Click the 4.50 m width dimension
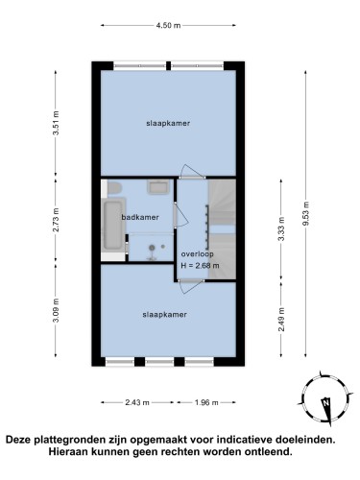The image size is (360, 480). coord(168,25)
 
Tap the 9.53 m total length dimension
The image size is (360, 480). coord(306,213)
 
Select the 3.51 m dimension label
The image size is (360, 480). coord(56,123)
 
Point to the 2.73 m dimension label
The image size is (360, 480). coord(56,220)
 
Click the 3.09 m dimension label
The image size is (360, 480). coord(56,310)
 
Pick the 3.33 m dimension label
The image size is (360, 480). coord(281,229)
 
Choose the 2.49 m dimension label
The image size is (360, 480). coord(281,320)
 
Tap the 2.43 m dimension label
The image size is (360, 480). coord(137,402)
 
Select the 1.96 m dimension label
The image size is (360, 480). coord(206,402)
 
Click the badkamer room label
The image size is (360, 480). coord(140,217)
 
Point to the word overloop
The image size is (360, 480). coord(197,254)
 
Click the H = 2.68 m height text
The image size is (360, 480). coord(200,266)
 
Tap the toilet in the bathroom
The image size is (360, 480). coord(114,188)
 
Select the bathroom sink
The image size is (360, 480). coord(158,186)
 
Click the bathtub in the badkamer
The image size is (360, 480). coord(113,226)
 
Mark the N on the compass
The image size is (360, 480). coord(326,402)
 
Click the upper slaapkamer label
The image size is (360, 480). coord(168,123)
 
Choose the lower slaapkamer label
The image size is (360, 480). coord(164,315)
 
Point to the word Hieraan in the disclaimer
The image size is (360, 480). coord(67,452)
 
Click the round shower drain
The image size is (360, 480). coord(153,247)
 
